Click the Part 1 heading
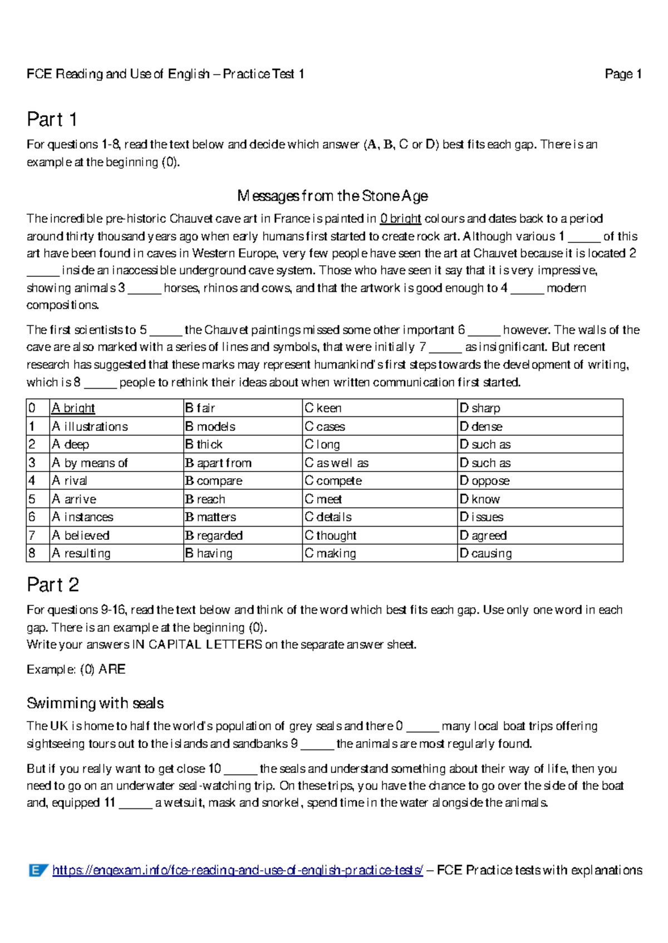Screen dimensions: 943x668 click(x=52, y=120)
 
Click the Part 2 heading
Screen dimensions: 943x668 click(x=53, y=585)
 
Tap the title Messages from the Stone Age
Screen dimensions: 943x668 click(x=332, y=196)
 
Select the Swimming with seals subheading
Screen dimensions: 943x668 click(x=95, y=703)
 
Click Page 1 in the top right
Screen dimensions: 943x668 click(x=623, y=74)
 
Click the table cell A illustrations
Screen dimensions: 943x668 click(x=90, y=426)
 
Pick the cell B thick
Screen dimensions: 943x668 click(x=204, y=444)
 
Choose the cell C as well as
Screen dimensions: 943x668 click(x=337, y=463)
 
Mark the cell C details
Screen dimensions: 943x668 click(x=328, y=517)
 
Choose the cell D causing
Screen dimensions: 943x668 click(x=486, y=553)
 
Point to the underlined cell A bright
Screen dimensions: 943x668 click(x=73, y=408)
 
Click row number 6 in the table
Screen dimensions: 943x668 click(x=32, y=517)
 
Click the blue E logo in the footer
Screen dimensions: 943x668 click(x=38, y=870)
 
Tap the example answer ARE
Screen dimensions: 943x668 click(x=112, y=669)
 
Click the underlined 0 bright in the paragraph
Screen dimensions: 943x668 click(x=400, y=219)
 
